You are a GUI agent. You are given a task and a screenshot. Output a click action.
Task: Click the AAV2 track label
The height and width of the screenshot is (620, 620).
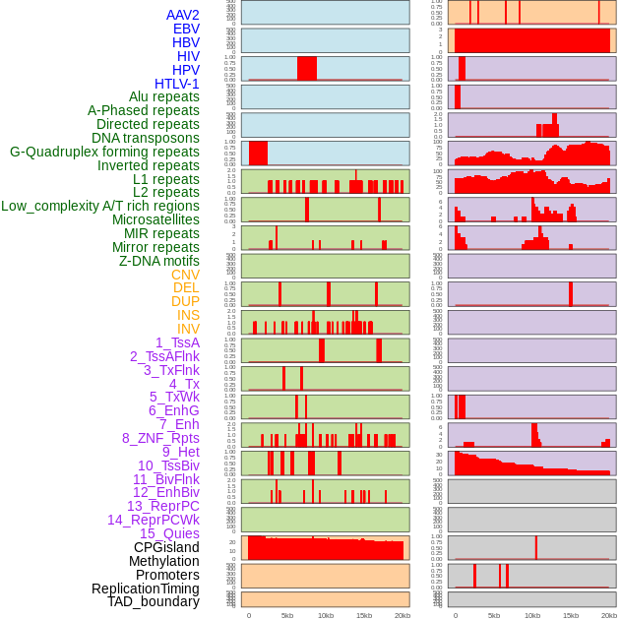[x=183, y=15]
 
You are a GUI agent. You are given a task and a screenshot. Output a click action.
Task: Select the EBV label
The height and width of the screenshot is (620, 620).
[x=186, y=29]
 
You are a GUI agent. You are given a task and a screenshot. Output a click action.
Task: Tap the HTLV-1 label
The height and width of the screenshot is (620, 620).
[x=177, y=84]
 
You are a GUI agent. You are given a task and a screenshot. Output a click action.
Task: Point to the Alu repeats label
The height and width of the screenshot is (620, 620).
[x=164, y=96]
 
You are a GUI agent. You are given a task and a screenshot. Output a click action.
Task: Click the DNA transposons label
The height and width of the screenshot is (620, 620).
[x=146, y=138]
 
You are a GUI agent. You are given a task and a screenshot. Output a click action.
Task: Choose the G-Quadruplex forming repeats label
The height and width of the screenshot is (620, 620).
[x=104, y=152]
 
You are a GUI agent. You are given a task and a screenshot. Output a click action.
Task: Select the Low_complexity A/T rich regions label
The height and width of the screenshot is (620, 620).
[x=100, y=206]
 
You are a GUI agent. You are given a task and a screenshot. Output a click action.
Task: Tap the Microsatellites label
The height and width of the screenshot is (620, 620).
[x=155, y=219]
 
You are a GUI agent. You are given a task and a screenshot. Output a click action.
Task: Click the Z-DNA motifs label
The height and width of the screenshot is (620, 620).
[x=159, y=261]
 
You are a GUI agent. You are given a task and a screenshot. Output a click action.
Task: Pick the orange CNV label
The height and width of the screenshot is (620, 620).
[x=185, y=275]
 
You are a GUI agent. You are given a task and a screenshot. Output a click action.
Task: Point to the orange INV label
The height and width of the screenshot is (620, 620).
[x=188, y=329]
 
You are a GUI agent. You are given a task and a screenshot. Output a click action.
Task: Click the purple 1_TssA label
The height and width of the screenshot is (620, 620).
[x=177, y=342]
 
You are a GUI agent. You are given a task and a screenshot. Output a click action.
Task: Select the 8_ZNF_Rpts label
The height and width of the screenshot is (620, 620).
[x=160, y=438]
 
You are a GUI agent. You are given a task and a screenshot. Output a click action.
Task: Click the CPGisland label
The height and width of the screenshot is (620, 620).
[x=166, y=547]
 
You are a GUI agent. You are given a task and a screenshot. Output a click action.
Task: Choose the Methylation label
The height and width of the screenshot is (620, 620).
[x=164, y=561]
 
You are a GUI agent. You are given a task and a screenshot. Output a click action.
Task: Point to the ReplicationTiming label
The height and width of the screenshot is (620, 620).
[x=146, y=589]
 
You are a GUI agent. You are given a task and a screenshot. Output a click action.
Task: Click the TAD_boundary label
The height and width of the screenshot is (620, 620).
[x=154, y=601]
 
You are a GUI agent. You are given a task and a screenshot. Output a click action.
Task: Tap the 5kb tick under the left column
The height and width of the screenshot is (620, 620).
[x=287, y=615]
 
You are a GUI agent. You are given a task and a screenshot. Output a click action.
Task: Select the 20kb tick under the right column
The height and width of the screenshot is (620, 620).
[x=609, y=615]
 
